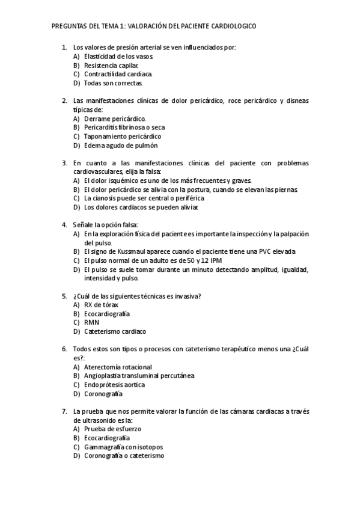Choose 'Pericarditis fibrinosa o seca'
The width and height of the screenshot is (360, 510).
(x=124, y=127)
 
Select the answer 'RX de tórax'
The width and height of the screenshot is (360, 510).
(x=102, y=305)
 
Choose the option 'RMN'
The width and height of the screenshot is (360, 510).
(x=92, y=322)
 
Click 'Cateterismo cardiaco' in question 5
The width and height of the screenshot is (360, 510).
(x=115, y=331)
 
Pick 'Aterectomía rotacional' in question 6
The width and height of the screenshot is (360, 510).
(x=118, y=367)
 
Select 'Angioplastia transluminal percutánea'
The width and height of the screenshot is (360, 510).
(x=139, y=376)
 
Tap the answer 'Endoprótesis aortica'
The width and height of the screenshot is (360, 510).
(x=115, y=385)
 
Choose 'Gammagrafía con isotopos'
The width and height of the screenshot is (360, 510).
(x=124, y=447)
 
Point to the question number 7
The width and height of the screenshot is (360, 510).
(x=64, y=411)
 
